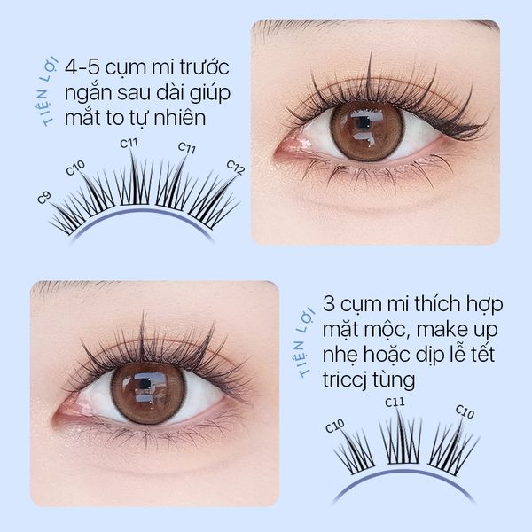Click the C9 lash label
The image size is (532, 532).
click(x=44, y=197)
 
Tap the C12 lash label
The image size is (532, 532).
click(x=236, y=168)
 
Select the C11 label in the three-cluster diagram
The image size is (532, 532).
click(x=395, y=403)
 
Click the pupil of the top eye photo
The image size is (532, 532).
click(x=364, y=123)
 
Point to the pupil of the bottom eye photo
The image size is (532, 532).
click(x=145, y=384)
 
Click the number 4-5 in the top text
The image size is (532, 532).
click(x=82, y=67)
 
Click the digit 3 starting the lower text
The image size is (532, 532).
click(x=328, y=304)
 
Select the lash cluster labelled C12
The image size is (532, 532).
click(x=214, y=201)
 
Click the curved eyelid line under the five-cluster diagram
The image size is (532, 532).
click(x=141, y=212)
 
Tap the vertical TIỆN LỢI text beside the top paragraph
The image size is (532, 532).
click(x=48, y=92)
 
